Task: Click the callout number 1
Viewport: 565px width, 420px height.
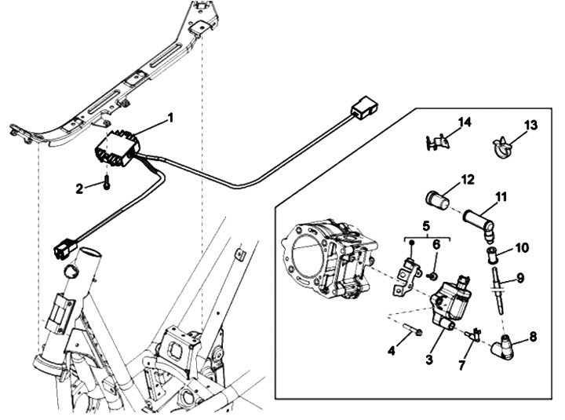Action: tap(170, 118)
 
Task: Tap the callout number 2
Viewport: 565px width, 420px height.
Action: tap(79, 188)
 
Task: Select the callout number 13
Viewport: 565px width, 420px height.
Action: tap(530, 126)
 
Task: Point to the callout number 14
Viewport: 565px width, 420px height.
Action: tap(465, 122)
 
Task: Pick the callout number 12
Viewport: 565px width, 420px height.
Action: tap(468, 180)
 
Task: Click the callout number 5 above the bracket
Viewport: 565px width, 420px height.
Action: tap(426, 226)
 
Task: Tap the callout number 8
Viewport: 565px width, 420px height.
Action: tap(533, 337)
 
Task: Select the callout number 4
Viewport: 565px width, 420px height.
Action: tap(392, 350)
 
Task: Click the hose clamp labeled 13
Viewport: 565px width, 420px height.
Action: tap(502, 147)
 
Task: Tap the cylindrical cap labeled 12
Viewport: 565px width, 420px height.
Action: tap(437, 201)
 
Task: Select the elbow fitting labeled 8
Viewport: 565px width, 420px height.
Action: tap(504, 347)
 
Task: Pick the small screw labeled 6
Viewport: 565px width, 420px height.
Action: tap(432, 276)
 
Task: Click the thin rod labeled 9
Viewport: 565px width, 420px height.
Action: tap(498, 291)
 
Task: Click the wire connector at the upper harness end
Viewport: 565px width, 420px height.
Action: tap(363, 107)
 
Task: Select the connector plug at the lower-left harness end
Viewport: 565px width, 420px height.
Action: tap(65, 247)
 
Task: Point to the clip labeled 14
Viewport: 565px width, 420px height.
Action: tap(436, 142)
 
